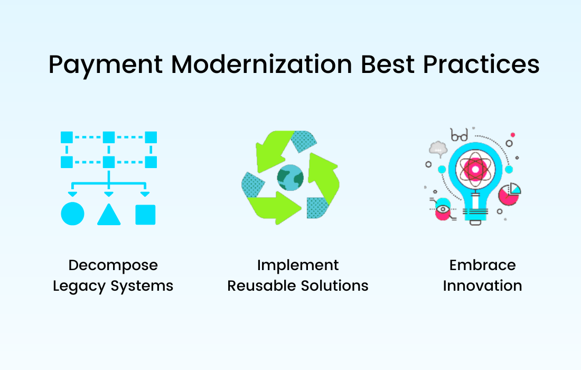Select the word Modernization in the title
[x=261, y=64]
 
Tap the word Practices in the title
[x=481, y=64]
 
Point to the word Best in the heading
[x=388, y=64]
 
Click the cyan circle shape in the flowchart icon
[x=73, y=214]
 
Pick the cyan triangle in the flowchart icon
[x=109, y=215]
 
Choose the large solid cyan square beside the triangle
[x=145, y=215]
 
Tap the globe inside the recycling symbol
[x=290, y=178]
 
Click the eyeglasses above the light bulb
[x=459, y=135]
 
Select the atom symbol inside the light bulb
[x=475, y=170]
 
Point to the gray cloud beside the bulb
[x=438, y=149]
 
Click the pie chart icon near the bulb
[x=510, y=193]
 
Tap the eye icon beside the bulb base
[x=443, y=209]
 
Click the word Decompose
[x=113, y=266]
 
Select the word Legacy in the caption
[x=79, y=286]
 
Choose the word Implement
[x=298, y=266]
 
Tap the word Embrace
[x=482, y=265]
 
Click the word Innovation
[x=482, y=286]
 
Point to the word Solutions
[x=334, y=286]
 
